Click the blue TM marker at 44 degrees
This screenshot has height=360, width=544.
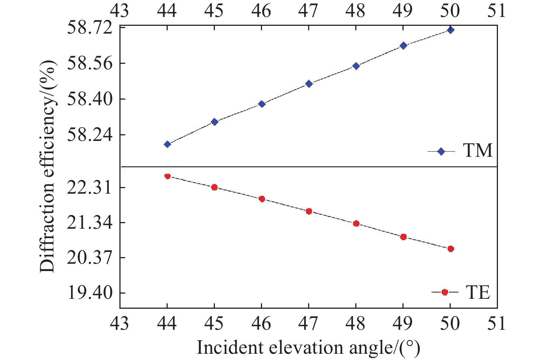[x=167, y=144]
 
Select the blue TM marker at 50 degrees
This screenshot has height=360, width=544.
[x=450, y=30]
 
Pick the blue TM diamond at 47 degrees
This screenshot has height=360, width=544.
[x=309, y=84]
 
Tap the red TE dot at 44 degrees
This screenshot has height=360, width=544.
[x=167, y=176]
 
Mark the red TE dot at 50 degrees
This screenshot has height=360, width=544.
[x=450, y=249]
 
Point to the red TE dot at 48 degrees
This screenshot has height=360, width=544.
[x=356, y=224]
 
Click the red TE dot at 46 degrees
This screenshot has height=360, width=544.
[x=262, y=199]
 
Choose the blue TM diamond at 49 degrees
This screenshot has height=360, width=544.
[x=403, y=46]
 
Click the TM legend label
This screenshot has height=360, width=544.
[x=478, y=150]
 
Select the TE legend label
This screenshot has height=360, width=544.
[x=478, y=292]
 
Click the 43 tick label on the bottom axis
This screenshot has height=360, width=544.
[x=120, y=323]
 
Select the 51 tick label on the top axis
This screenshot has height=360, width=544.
[x=497, y=10]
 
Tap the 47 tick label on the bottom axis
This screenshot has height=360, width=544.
[x=308, y=323]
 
